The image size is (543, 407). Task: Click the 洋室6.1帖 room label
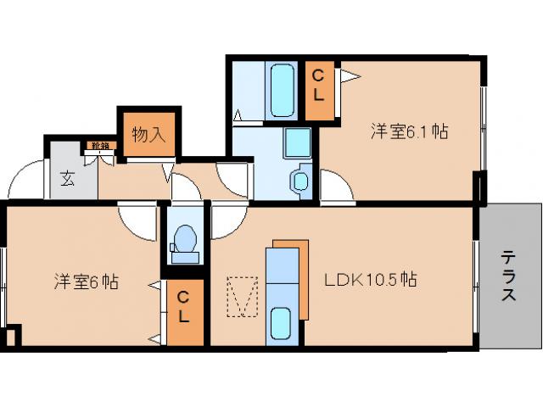[408, 131]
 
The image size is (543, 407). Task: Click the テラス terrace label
[508, 275]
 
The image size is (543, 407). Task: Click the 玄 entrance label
[68, 178]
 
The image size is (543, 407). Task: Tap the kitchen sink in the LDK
[282, 324]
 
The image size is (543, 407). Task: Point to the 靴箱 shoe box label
[102, 146]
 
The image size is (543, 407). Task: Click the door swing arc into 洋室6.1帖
[333, 187]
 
